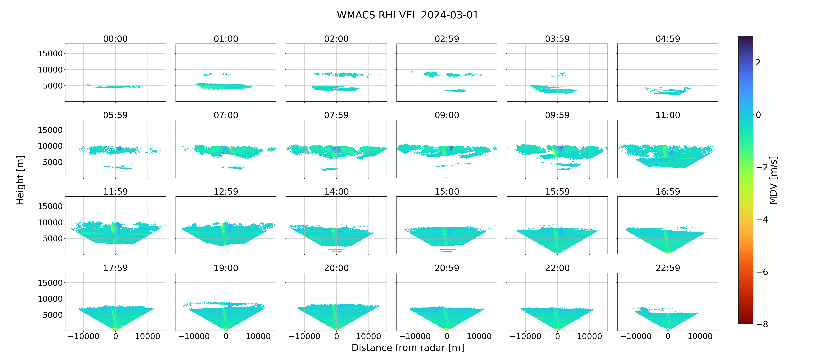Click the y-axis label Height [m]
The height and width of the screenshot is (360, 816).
tap(20, 180)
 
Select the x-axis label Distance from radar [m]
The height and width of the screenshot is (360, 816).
tap(408, 348)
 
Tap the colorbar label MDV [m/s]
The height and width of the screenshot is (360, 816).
tap(773, 180)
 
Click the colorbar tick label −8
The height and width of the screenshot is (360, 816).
tap(762, 324)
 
